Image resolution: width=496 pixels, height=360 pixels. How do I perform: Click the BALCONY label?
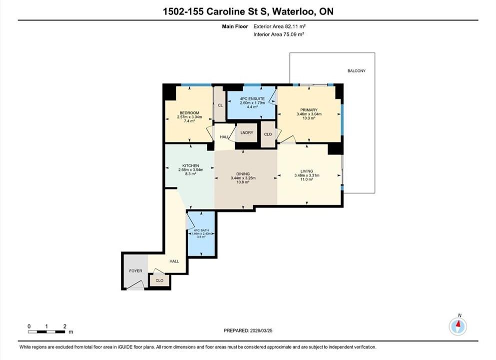(x=356, y=71)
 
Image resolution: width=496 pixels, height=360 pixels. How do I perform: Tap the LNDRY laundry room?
(x=247, y=132)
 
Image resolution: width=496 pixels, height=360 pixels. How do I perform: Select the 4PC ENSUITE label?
(x=252, y=99)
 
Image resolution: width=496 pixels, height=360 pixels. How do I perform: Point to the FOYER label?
(x=136, y=271)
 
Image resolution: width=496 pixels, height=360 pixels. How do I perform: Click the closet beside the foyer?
(x=159, y=280)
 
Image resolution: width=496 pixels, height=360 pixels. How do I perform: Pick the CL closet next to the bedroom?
(x=220, y=104)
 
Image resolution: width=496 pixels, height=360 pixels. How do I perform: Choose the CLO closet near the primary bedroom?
(x=268, y=134)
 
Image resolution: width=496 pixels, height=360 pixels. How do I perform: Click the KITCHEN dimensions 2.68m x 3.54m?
(x=191, y=169)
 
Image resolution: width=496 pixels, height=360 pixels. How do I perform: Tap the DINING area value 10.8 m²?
(x=243, y=182)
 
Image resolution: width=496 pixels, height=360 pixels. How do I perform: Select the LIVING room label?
(x=307, y=171)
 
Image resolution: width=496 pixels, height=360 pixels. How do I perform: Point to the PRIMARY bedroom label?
(x=309, y=110)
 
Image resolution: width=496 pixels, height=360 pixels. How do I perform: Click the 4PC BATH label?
(x=201, y=230)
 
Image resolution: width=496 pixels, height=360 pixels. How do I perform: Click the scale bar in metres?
(x=46, y=332)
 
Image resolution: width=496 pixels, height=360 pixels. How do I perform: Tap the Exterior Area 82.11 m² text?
(x=279, y=26)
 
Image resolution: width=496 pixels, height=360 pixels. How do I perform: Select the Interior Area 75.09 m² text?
(x=279, y=34)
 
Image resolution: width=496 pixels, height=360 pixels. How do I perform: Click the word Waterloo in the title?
(x=293, y=11)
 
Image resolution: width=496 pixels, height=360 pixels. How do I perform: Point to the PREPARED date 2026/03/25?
(x=261, y=330)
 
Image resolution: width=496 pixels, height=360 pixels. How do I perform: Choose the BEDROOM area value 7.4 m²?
(x=189, y=121)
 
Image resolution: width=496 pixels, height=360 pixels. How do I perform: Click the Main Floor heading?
(x=235, y=26)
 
